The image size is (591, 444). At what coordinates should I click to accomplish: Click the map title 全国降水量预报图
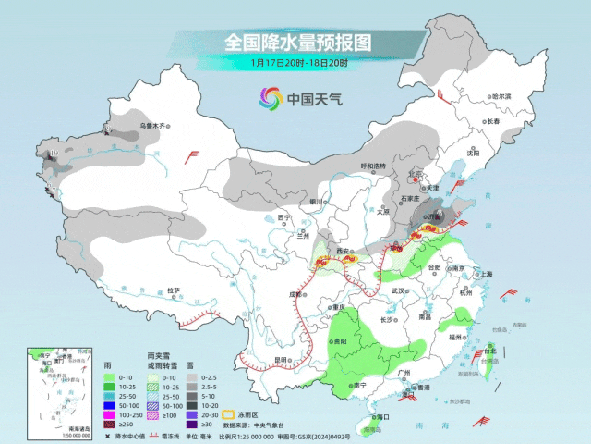tap(296, 43)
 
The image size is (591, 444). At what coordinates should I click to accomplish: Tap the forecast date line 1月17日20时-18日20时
tap(296, 63)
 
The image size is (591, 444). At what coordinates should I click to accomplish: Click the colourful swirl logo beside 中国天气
tap(270, 98)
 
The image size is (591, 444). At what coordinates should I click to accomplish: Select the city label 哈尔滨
tap(501, 96)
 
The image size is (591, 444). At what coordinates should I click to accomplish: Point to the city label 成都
tap(295, 294)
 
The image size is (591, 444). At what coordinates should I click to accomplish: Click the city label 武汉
tap(399, 290)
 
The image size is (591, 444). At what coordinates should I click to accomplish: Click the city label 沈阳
tap(473, 153)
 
